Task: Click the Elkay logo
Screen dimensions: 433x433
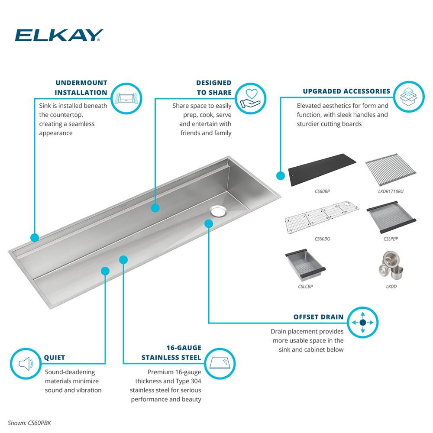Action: click(59, 35)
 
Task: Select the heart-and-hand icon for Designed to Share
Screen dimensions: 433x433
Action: click(250, 98)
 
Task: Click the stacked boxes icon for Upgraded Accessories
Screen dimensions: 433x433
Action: click(409, 97)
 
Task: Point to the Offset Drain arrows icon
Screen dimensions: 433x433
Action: click(362, 322)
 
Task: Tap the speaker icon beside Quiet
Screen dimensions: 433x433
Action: click(26, 363)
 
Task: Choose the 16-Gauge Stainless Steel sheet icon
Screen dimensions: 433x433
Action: click(220, 363)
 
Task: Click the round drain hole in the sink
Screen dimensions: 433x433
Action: click(219, 211)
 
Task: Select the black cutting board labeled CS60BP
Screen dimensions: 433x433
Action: click(322, 169)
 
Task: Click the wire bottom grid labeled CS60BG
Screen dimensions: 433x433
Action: click(322, 217)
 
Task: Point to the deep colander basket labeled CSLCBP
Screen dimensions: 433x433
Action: click(305, 265)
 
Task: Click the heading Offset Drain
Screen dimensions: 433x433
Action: click(318, 317)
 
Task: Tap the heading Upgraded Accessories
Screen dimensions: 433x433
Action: click(346, 91)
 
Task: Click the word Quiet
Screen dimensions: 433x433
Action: click(55, 358)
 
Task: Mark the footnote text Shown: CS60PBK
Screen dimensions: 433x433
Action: click(29, 423)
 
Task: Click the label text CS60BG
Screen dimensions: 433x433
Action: click(322, 239)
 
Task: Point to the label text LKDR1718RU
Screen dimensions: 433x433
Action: click(391, 191)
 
